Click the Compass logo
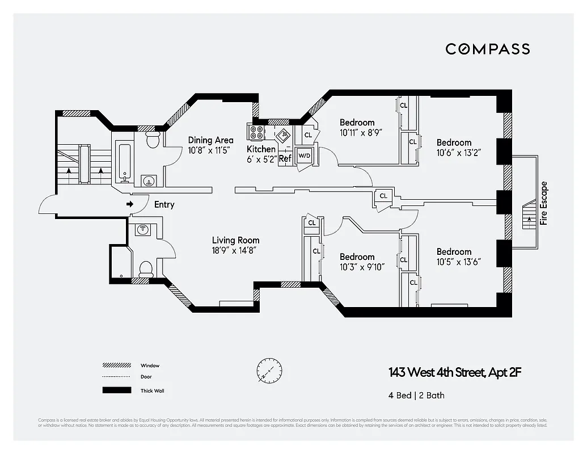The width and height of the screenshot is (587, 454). [487, 49]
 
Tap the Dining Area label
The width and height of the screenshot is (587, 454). [210, 140]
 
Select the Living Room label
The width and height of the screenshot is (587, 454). [235, 240]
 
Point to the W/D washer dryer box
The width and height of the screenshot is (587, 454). [305, 155]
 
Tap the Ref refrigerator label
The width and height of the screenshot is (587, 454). [285, 159]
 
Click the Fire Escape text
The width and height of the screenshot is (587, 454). [544, 203]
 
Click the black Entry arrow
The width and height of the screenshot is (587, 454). [130, 204]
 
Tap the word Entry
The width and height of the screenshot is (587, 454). [163, 205]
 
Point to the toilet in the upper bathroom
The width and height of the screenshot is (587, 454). [152, 140]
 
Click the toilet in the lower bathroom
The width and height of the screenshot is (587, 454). [146, 268]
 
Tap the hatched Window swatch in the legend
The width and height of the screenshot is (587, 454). [113, 365]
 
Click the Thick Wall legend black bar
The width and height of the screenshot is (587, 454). [113, 390]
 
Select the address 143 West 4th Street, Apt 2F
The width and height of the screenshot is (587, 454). [454, 373]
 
